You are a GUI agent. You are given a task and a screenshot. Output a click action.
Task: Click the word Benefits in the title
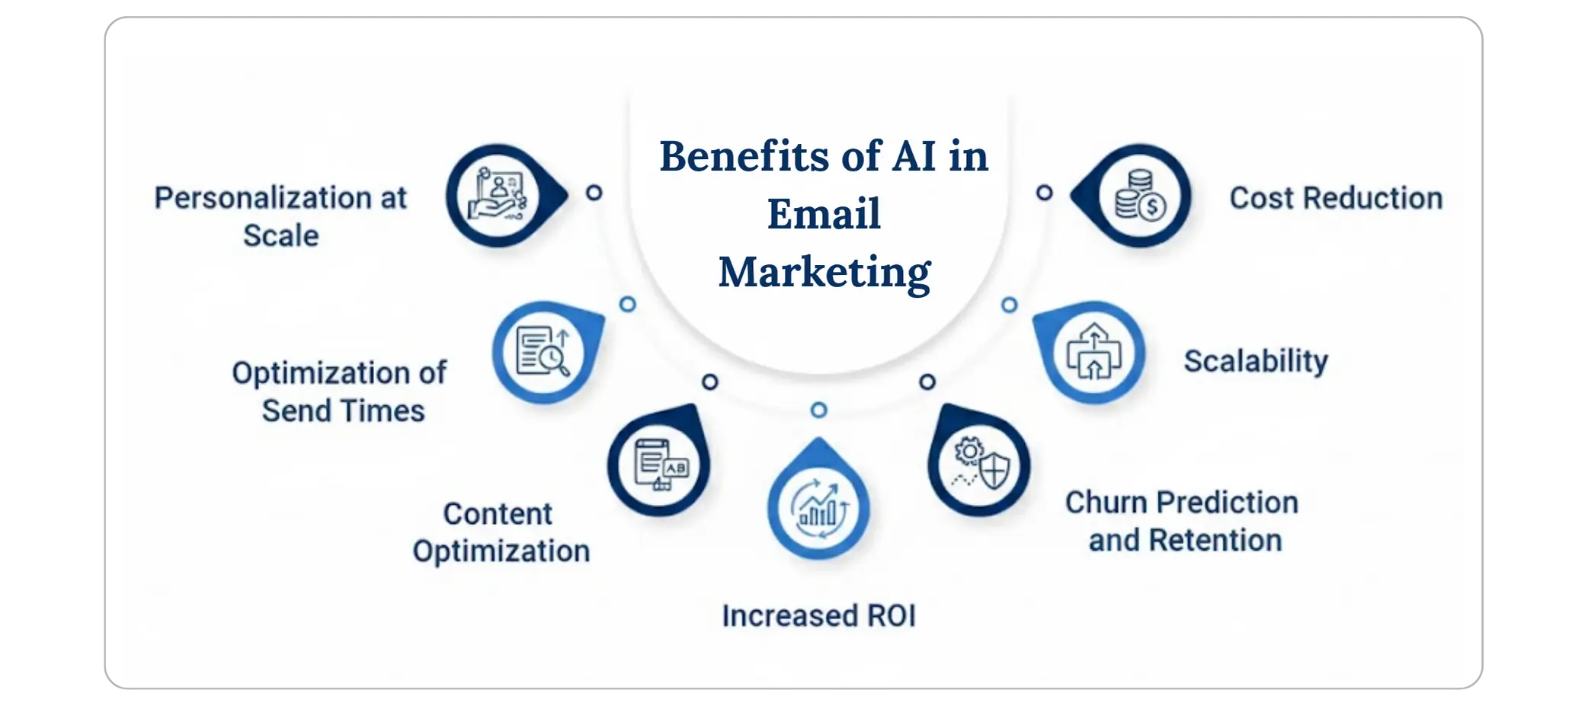pyautogui.click(x=744, y=156)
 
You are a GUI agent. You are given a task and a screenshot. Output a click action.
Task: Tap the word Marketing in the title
pyautogui.click(x=824, y=272)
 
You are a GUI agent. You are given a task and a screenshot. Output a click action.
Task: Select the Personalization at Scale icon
pyautogui.click(x=498, y=196)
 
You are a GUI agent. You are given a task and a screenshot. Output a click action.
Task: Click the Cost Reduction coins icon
pyautogui.click(x=1139, y=196)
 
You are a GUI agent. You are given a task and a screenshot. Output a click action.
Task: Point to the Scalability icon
pyautogui.click(x=1093, y=353)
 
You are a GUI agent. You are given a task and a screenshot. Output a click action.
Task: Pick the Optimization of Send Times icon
pyautogui.click(x=543, y=353)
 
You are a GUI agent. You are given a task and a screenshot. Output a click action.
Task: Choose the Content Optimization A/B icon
pyautogui.click(x=660, y=464)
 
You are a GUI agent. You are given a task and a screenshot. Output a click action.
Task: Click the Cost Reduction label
pyautogui.click(x=1336, y=198)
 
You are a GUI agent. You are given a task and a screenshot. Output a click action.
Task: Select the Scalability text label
pyautogui.click(x=1255, y=361)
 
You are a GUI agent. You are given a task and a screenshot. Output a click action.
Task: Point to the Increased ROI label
pyautogui.click(x=818, y=616)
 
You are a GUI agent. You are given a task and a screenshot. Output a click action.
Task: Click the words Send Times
pyautogui.click(x=343, y=411)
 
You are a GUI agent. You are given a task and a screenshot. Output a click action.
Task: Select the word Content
pyautogui.click(x=498, y=514)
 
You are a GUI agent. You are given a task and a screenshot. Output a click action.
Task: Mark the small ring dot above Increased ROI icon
pyautogui.click(x=818, y=411)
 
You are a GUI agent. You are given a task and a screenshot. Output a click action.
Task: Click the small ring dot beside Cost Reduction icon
pyautogui.click(x=1044, y=193)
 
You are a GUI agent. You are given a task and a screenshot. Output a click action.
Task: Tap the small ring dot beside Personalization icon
pyautogui.click(x=594, y=193)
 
